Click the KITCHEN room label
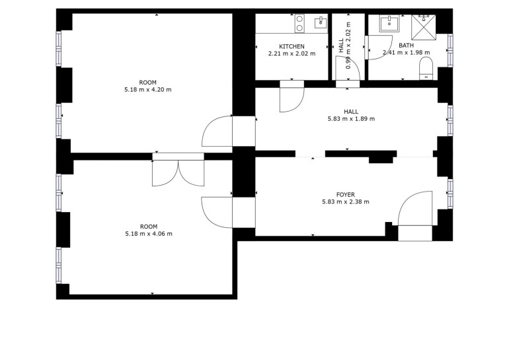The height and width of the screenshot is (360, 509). click(292, 47)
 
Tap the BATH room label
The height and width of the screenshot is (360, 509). click(406, 46)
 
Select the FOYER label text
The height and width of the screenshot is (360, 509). click(345, 195)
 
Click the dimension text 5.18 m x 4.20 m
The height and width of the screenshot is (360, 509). click(147, 90)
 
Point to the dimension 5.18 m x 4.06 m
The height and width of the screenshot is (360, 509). click(149, 234)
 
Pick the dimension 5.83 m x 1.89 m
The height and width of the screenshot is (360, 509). click(351, 119)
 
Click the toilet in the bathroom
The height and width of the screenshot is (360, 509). click(426, 69)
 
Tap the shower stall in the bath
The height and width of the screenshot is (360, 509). click(424, 24)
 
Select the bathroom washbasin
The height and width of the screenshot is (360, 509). click(389, 23)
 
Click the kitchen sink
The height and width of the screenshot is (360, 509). click(321, 22)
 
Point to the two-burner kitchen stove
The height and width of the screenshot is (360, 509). click(300, 23)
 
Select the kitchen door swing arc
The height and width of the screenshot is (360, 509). click(292, 100)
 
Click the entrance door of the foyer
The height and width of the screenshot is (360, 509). click(415, 208)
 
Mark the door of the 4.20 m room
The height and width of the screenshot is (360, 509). click(217, 131)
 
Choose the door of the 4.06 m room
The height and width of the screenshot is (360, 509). click(217, 213)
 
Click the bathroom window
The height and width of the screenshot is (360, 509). click(450, 50)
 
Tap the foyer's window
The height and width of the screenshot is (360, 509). click(450, 194)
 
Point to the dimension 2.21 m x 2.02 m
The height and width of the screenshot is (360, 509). click(292, 54)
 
